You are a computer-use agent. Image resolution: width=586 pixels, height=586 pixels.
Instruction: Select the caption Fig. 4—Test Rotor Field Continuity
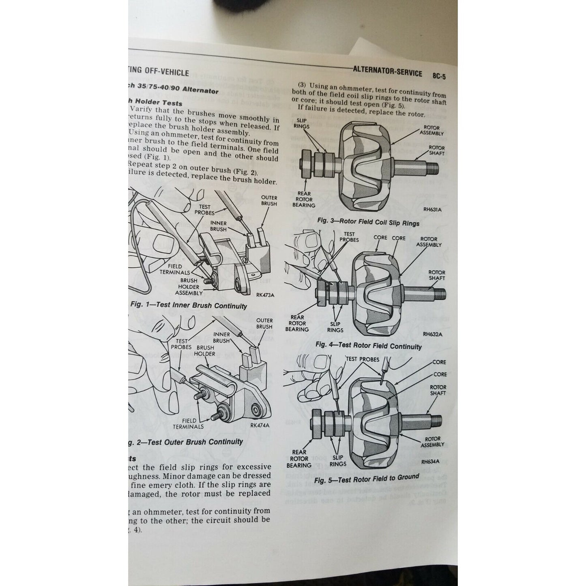tap(368, 346)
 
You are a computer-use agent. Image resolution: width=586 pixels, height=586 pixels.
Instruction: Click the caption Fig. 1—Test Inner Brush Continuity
tap(189, 305)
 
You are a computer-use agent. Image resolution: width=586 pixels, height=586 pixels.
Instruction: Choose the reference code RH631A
tap(432, 210)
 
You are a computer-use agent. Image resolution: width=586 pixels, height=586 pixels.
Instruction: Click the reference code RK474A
tap(260, 425)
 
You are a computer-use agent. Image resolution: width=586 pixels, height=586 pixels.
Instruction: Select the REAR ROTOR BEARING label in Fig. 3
tap(304, 200)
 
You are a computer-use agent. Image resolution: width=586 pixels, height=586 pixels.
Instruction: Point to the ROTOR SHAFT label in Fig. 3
tap(436, 150)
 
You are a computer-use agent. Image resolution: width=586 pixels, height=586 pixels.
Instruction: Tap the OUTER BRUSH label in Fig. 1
tap(269, 201)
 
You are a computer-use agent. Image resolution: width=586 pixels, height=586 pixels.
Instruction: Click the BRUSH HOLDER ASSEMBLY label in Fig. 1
tap(189, 286)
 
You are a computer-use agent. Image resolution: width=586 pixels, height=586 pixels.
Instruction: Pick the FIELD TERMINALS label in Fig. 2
tap(188, 424)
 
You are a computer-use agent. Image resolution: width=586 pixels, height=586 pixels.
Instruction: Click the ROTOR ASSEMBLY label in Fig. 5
tap(433, 442)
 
